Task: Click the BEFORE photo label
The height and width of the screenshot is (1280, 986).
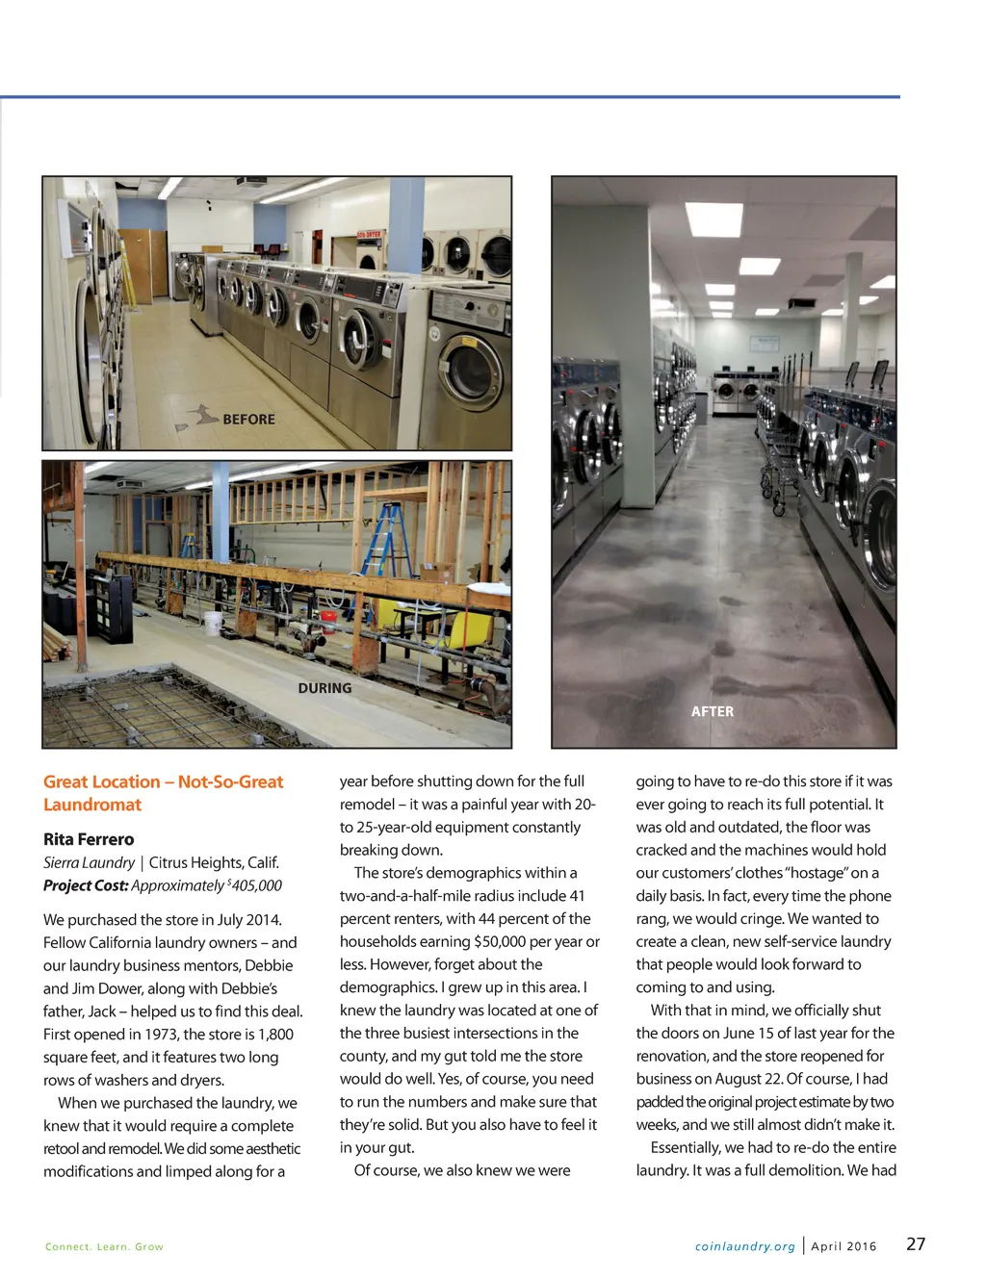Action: (x=248, y=420)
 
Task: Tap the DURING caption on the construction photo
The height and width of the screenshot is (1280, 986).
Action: (x=324, y=688)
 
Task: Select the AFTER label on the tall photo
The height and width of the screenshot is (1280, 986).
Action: (x=713, y=711)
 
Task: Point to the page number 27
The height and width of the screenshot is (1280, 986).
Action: (x=916, y=1243)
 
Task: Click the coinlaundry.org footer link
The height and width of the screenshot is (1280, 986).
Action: (x=745, y=1246)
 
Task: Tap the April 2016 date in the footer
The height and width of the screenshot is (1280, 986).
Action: (x=843, y=1246)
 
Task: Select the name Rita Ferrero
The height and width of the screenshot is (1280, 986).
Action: (x=89, y=839)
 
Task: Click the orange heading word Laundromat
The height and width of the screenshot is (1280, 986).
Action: (x=92, y=805)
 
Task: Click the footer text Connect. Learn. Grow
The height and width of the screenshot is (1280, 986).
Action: (x=104, y=1246)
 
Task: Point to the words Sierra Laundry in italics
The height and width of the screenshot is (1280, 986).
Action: (x=89, y=862)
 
